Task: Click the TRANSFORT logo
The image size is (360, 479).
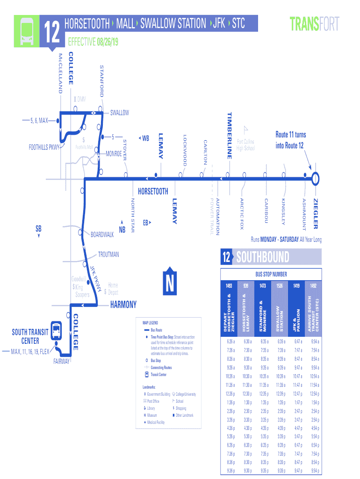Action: [x=314, y=23]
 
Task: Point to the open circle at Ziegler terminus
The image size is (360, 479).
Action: [x=316, y=178]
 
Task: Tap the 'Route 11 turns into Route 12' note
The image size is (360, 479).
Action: [x=290, y=140]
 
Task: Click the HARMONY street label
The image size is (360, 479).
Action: [x=123, y=305]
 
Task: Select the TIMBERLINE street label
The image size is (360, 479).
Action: [x=230, y=135]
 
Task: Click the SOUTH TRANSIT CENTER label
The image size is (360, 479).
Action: [x=30, y=336]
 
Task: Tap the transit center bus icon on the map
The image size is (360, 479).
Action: [x=56, y=330]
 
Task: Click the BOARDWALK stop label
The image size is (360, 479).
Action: [x=102, y=234]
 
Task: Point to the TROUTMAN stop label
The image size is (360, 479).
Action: [x=108, y=255]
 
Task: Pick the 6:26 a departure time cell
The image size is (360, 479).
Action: [x=230, y=341]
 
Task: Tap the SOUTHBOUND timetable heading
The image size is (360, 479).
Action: [x=262, y=257]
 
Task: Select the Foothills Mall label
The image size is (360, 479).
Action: [x=85, y=147]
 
